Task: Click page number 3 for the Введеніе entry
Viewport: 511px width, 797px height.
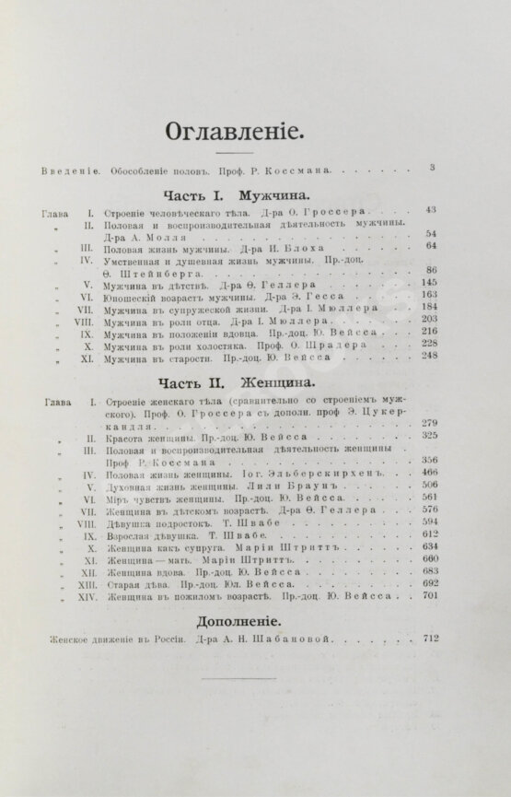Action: [431, 167]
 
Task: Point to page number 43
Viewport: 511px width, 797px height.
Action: [431, 211]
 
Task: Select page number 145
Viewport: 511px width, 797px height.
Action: [428, 282]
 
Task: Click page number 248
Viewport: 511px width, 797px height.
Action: [429, 357]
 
